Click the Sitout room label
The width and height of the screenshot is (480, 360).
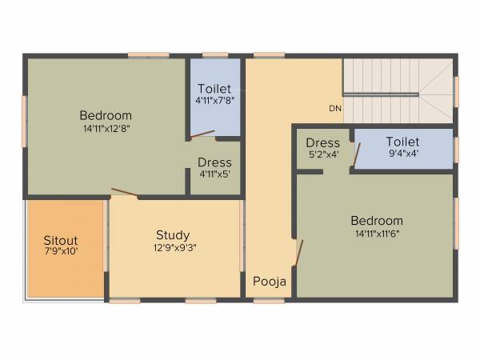(61, 239)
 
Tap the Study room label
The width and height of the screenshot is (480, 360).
(173, 235)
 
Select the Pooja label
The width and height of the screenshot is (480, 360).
(270, 282)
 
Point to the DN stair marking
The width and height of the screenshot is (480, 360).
(334, 108)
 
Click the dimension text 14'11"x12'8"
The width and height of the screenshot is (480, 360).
(106, 128)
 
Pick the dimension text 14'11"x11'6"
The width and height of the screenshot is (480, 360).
(376, 234)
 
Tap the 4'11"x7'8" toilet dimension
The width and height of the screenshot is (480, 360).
(214, 101)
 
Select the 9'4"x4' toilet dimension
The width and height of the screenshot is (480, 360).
(402, 154)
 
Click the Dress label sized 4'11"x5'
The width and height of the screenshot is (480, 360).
(214, 162)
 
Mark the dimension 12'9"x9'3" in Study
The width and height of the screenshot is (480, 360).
(173, 248)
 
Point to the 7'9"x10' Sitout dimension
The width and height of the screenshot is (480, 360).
(61, 251)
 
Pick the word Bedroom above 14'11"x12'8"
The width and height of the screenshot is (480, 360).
(106, 115)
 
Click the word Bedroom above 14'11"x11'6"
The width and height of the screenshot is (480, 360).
(376, 221)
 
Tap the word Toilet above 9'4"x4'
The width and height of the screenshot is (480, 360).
(402, 142)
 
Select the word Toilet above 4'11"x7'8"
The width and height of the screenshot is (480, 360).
(214, 88)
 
